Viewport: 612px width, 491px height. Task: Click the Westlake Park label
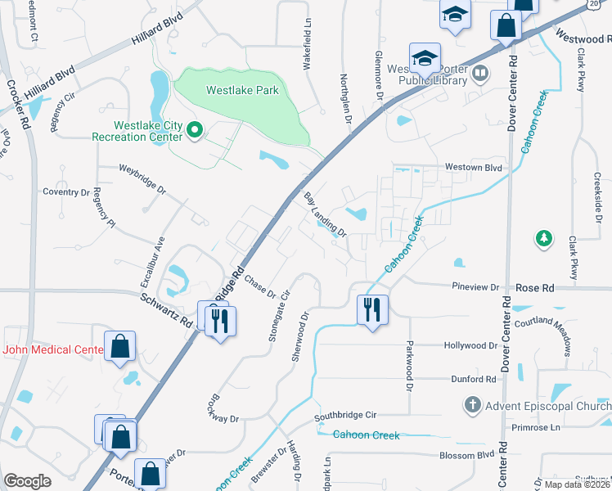tap(242, 91)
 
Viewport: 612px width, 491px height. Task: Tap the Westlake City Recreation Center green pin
tap(195, 129)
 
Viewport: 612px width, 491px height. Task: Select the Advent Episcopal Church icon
tap(472, 404)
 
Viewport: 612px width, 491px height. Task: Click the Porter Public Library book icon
tap(480, 74)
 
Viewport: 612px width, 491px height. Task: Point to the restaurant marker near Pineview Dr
tap(372, 309)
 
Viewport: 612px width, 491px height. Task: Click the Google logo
tap(27, 481)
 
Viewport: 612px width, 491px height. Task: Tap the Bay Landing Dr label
tap(326, 215)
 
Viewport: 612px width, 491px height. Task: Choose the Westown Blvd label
tap(472, 167)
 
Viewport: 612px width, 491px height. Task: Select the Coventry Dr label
tap(66, 192)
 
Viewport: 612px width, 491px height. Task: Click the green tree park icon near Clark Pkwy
tap(542, 238)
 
